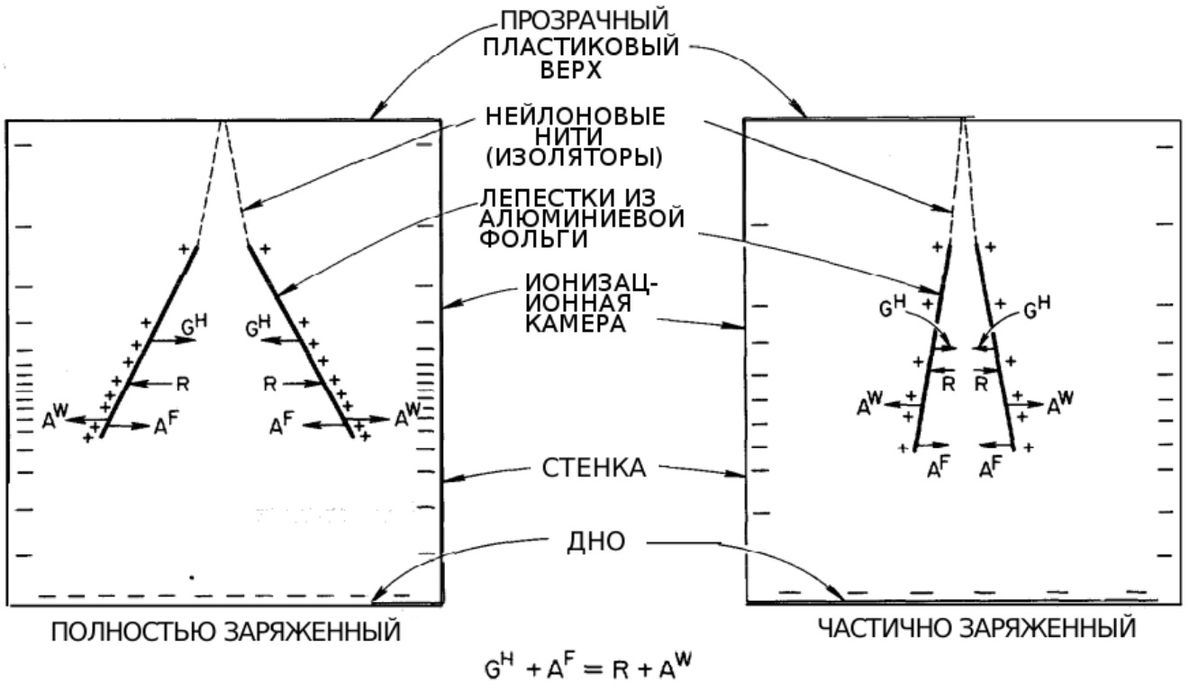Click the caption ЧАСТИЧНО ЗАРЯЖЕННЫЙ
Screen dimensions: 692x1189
click(x=977, y=628)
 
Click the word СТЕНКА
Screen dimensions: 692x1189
click(x=594, y=468)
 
